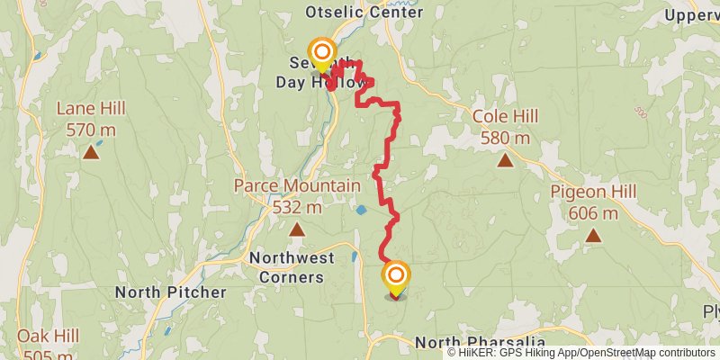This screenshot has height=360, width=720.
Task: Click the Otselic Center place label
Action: coord(364,13)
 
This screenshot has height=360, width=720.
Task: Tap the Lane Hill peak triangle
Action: coord(91,152)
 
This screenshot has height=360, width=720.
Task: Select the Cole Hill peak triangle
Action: coord(506,161)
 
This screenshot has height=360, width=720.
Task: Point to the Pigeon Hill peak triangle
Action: coord(593,236)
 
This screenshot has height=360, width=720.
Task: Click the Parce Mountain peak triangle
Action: coord(297,229)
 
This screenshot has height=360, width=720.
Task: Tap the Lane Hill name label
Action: coord(91,108)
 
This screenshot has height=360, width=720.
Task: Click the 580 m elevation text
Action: coord(506,138)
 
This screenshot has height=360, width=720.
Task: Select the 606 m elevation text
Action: coord(593,213)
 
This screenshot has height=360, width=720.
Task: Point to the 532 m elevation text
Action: coord(297,207)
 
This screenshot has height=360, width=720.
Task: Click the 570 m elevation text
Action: coord(91,130)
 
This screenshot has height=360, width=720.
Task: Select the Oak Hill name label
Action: coord(48,336)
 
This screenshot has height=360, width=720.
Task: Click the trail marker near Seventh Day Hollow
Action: coord(321,52)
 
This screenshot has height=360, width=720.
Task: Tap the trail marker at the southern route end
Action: coord(395,276)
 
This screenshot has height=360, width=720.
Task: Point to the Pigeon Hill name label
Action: coord(593,192)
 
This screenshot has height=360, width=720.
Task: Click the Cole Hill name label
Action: coord(506,116)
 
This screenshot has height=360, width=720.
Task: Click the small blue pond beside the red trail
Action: coord(361,210)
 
